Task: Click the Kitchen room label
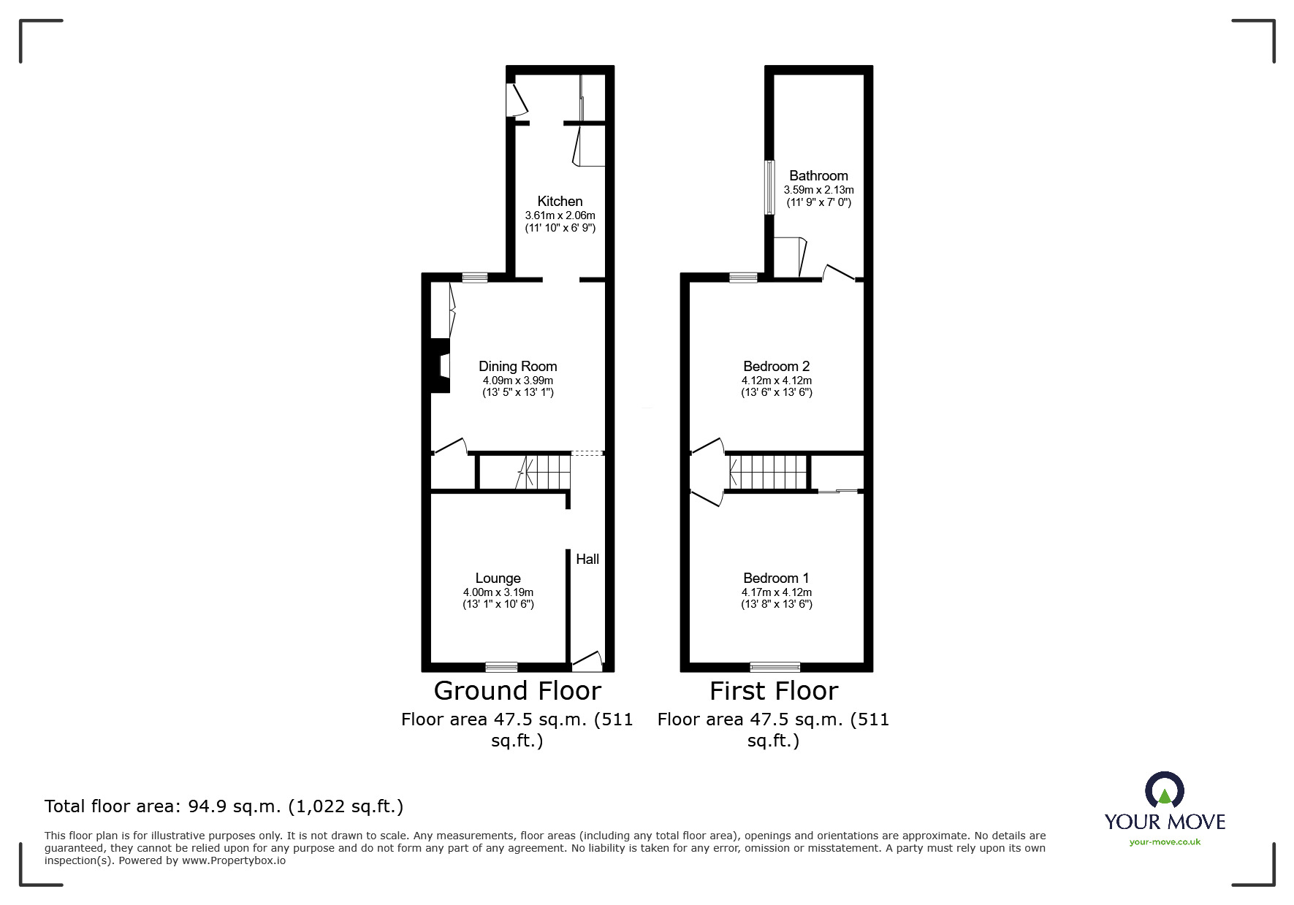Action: [x=560, y=201]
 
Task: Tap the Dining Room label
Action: [x=517, y=366]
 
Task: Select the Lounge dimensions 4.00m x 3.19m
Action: [x=498, y=592]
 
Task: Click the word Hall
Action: [x=587, y=559]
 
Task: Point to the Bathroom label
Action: [x=818, y=175]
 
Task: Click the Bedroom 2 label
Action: [x=776, y=366]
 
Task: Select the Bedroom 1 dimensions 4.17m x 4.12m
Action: [x=776, y=592]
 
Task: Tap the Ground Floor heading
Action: [x=517, y=690]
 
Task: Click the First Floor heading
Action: [x=774, y=690]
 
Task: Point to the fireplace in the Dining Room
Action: [x=441, y=366]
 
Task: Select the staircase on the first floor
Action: [x=767, y=472]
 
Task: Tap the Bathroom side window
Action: [x=769, y=187]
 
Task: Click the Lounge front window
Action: [x=501, y=666]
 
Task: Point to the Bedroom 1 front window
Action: [x=775, y=666]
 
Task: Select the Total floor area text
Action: [x=224, y=806]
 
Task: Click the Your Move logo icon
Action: [x=1164, y=791]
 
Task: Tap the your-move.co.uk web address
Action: [x=1165, y=842]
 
